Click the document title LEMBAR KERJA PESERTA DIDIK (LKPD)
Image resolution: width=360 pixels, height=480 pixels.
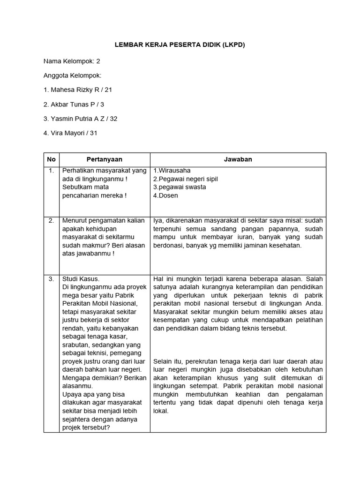coord(180,45)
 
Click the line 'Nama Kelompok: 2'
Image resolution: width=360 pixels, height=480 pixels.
coord(72,61)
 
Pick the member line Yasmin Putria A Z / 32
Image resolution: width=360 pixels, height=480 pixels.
coord(80,119)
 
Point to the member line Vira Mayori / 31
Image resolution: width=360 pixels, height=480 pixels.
coord(71,133)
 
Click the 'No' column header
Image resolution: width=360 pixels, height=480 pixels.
coord(51,159)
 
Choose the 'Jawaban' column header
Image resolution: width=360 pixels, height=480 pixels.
coord(239,159)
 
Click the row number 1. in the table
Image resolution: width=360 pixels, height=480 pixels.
coord(51,171)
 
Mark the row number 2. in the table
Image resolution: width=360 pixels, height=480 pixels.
coord(51,220)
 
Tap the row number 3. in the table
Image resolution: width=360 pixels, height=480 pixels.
coord(51,279)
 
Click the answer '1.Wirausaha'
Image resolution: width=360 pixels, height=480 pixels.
coord(172,171)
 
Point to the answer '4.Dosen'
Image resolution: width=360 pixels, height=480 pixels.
coord(166,195)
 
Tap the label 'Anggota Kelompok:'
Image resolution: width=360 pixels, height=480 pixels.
coord(73,75)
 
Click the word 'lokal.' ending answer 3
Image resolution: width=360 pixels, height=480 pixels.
coord(161,411)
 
